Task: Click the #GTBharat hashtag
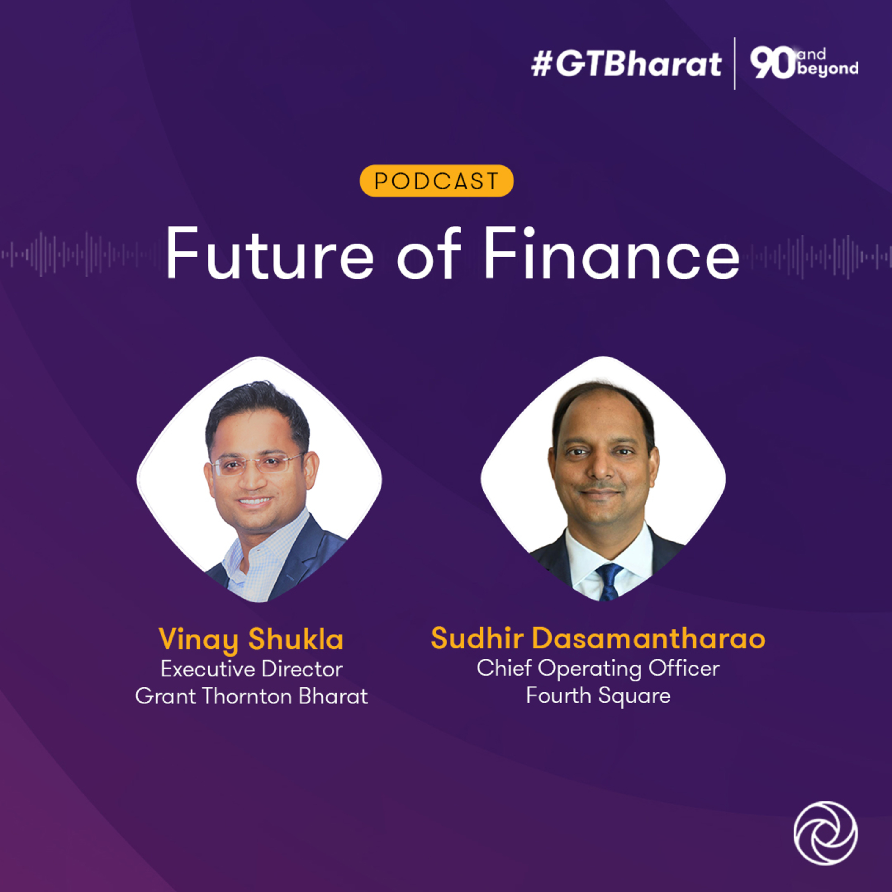click(626, 64)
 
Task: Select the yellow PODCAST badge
click(436, 180)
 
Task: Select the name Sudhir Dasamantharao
click(598, 639)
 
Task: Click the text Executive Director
click(252, 669)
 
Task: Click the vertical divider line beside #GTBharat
click(734, 64)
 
